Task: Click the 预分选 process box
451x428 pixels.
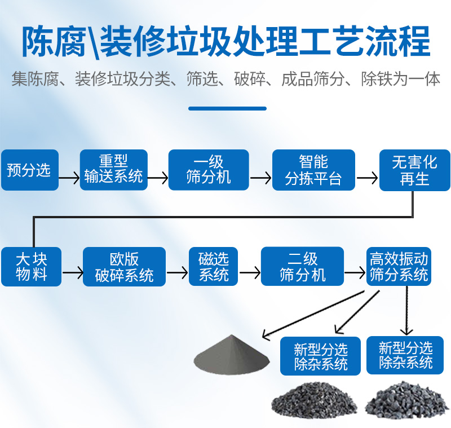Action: tap(29, 170)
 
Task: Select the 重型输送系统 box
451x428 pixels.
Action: tap(113, 170)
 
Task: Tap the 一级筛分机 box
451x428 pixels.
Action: tap(209, 170)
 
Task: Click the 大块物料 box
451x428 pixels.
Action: tap(31, 267)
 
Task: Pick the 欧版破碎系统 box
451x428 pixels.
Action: tap(124, 267)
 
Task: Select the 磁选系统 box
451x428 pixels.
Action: tap(214, 267)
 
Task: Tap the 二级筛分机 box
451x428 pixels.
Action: tap(302, 267)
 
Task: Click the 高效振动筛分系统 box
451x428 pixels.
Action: tap(399, 267)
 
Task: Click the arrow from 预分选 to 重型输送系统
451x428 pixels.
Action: tap(69, 179)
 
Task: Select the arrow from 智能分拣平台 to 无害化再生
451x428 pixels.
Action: tap(368, 179)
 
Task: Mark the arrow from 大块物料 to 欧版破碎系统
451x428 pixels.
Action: tap(73, 273)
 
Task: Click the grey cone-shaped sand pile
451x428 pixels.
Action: tap(228, 355)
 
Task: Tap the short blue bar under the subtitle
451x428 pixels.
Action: tap(227, 108)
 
